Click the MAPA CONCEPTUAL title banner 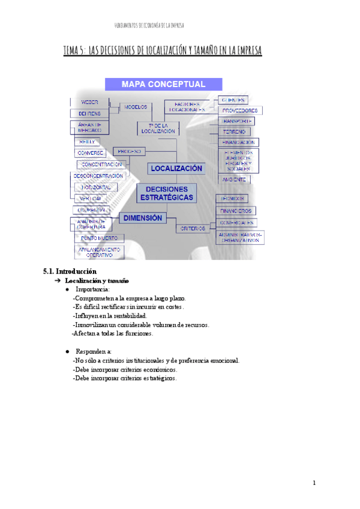point(163,84)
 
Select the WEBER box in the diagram point(89,101)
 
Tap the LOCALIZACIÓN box point(176,169)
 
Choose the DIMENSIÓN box point(143,218)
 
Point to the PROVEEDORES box point(240,110)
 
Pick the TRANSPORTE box point(237,121)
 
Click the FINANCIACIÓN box point(239,142)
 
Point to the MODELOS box point(137,107)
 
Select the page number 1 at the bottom point(314,483)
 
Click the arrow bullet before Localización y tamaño point(57,280)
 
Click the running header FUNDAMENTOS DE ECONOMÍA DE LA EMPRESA point(149,26)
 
